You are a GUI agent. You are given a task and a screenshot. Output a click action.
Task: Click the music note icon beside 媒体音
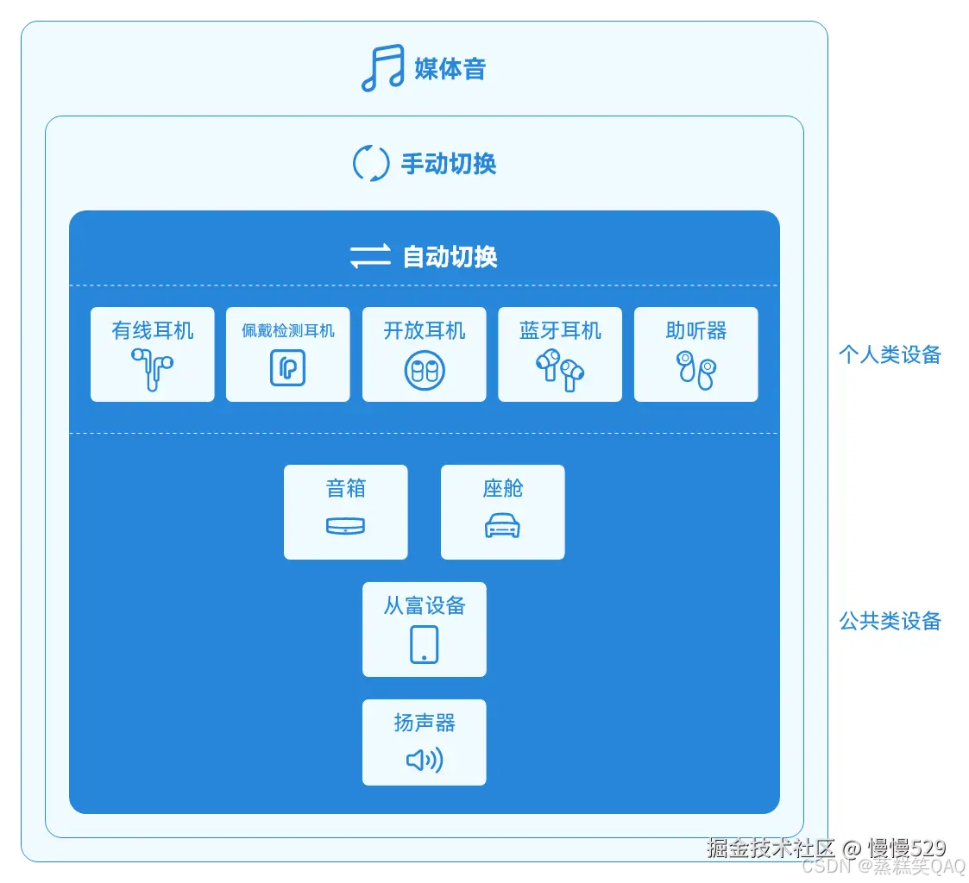coord(382,68)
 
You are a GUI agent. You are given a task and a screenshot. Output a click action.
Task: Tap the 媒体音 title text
coord(450,68)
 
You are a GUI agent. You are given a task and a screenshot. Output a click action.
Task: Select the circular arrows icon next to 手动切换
coord(371,164)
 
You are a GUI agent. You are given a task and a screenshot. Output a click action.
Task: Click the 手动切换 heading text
coord(449,164)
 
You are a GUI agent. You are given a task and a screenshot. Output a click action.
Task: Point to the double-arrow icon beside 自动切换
coord(370,256)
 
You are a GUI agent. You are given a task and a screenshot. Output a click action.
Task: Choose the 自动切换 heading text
coord(450,256)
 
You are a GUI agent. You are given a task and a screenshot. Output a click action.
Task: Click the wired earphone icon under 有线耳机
coord(152,369)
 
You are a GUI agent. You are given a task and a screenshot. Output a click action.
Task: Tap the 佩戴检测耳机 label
coord(288,330)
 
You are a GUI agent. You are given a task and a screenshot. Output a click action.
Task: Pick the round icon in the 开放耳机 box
coord(425,370)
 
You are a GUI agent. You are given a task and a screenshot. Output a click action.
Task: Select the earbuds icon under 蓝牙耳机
coord(560,370)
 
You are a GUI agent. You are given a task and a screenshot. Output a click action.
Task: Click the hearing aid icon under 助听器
coord(695,370)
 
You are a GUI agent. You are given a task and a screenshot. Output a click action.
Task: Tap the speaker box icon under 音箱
coord(346,526)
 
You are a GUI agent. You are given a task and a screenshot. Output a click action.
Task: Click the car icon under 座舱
coord(502,526)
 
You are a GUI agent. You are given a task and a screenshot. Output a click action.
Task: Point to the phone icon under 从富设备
coord(424,644)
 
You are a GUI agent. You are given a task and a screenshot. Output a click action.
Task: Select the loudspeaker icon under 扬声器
coord(424,760)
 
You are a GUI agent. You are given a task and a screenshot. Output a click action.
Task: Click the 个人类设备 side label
coord(890,354)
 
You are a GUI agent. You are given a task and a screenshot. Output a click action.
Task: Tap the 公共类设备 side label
coord(890,621)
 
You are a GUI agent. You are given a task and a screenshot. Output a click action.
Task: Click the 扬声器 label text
coord(424,723)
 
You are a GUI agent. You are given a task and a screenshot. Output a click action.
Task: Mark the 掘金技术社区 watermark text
coord(771,849)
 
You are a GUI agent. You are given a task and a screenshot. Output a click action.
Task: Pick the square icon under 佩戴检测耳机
coord(288,369)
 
